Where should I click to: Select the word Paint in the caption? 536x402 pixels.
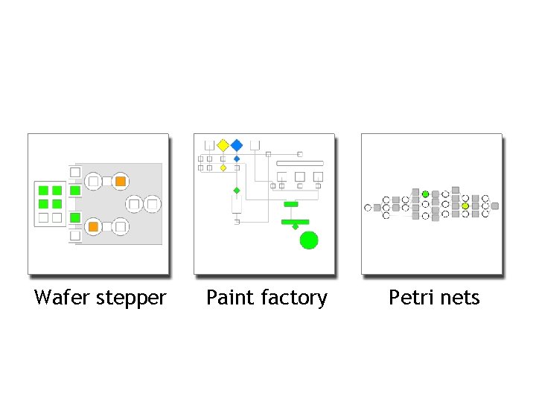click(225, 298)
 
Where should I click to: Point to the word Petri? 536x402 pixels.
click(409, 298)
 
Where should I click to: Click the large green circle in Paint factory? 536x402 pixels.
click(308, 240)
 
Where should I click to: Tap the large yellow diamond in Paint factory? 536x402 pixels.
click(223, 144)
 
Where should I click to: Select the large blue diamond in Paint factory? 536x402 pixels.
click(237, 144)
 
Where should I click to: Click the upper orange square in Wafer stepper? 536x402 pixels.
click(120, 181)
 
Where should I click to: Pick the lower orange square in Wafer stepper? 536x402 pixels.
click(94, 226)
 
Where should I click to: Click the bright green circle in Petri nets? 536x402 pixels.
click(425, 194)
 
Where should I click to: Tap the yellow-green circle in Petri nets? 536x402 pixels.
click(465, 205)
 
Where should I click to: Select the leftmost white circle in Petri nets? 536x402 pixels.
click(368, 208)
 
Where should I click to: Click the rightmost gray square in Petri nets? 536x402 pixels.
click(495, 206)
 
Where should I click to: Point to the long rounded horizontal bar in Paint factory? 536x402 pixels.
click(299, 163)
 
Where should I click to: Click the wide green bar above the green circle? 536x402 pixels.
click(295, 221)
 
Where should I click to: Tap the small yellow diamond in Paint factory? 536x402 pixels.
click(223, 168)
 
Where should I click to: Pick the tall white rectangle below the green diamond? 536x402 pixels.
click(237, 205)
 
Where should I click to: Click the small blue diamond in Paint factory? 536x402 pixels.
click(237, 159)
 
